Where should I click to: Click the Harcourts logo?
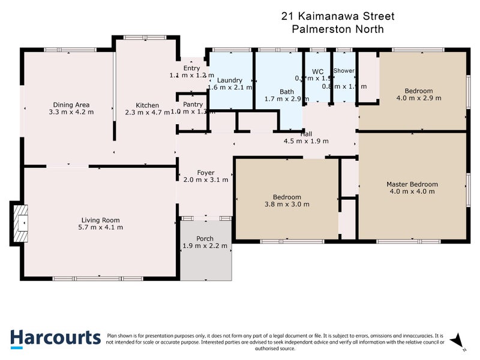(56, 338)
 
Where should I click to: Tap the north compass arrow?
(458, 340)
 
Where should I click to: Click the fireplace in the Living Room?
(20, 224)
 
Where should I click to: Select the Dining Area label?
(71, 104)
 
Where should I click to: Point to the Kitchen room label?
(147, 105)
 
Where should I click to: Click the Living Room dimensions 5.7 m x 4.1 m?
(101, 227)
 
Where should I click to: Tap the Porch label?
(205, 238)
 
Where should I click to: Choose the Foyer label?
(205, 172)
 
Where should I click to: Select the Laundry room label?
(229, 80)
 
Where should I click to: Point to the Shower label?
(344, 71)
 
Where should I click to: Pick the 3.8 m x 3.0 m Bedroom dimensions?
(287, 205)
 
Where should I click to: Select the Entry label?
(183, 68)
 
